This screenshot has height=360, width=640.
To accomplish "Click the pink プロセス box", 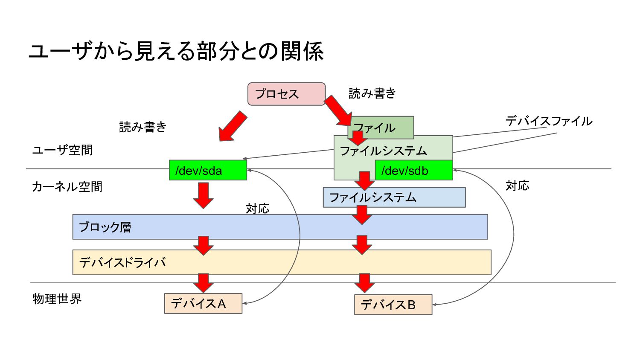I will coord(286,94).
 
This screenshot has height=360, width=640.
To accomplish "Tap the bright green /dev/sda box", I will coord(208,170).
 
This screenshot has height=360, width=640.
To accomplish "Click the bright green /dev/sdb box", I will coord(413,170).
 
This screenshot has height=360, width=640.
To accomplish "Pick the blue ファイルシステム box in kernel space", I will coord(394,197).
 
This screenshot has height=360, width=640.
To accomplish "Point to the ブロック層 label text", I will coord(105,227).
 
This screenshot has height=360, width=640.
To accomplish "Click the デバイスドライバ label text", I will coord(122,262).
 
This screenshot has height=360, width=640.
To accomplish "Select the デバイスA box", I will coord(203,303).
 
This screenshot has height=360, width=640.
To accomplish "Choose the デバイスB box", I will coord(393,305).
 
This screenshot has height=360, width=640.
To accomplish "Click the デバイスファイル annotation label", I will coord(549,121).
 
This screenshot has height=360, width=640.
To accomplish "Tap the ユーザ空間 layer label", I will coord(62,150).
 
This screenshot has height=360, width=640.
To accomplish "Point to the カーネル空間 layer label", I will coord(67,187).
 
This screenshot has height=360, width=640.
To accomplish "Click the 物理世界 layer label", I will coord(57,299).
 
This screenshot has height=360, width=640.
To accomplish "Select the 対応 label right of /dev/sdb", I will coord(517,186).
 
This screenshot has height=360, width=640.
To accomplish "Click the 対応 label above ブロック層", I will coord(257,209).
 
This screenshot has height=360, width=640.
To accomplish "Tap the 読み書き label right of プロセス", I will coord(372,93).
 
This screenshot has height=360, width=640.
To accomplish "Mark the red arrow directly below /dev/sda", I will coord(204,195).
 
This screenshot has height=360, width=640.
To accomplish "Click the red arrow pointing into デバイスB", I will coord(364,283).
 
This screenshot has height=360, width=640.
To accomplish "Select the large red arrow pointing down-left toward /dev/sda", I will coord(232,126).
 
